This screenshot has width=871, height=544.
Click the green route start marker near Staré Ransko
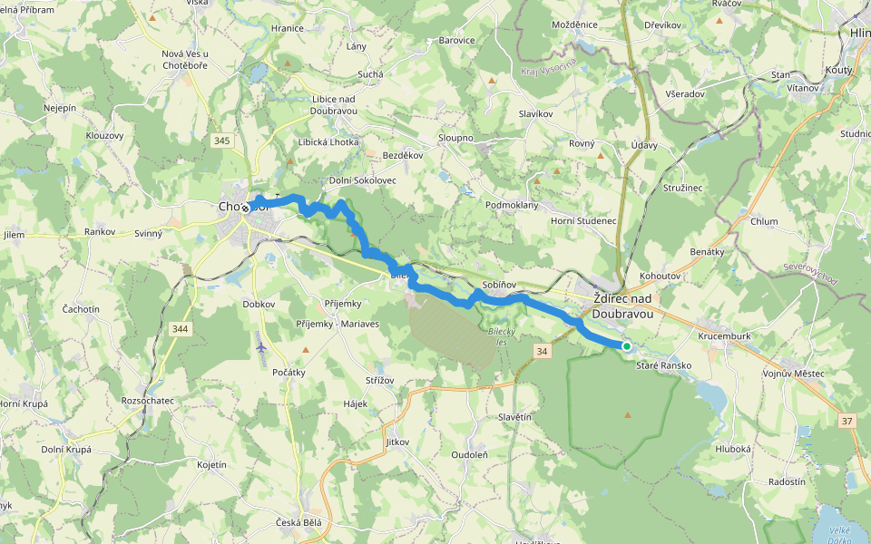pos(626,346)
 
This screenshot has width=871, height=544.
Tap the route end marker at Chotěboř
pos(245,208)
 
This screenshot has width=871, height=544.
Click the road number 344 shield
pos(180,328)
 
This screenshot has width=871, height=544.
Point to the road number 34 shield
pos(542,350)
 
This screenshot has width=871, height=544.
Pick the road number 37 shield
pos(847,421)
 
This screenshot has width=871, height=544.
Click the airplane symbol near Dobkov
pos(261,345)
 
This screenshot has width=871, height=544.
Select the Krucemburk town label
pos(724,335)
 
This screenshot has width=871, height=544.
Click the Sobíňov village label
pos(500,285)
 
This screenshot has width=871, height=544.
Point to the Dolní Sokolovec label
pos(362,180)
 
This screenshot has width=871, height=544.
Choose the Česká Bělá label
pos(298,523)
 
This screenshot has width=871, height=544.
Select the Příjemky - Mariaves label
pos(338,324)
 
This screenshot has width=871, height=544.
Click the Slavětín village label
pos(514,416)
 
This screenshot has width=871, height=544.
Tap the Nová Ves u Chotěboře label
pos(185,59)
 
